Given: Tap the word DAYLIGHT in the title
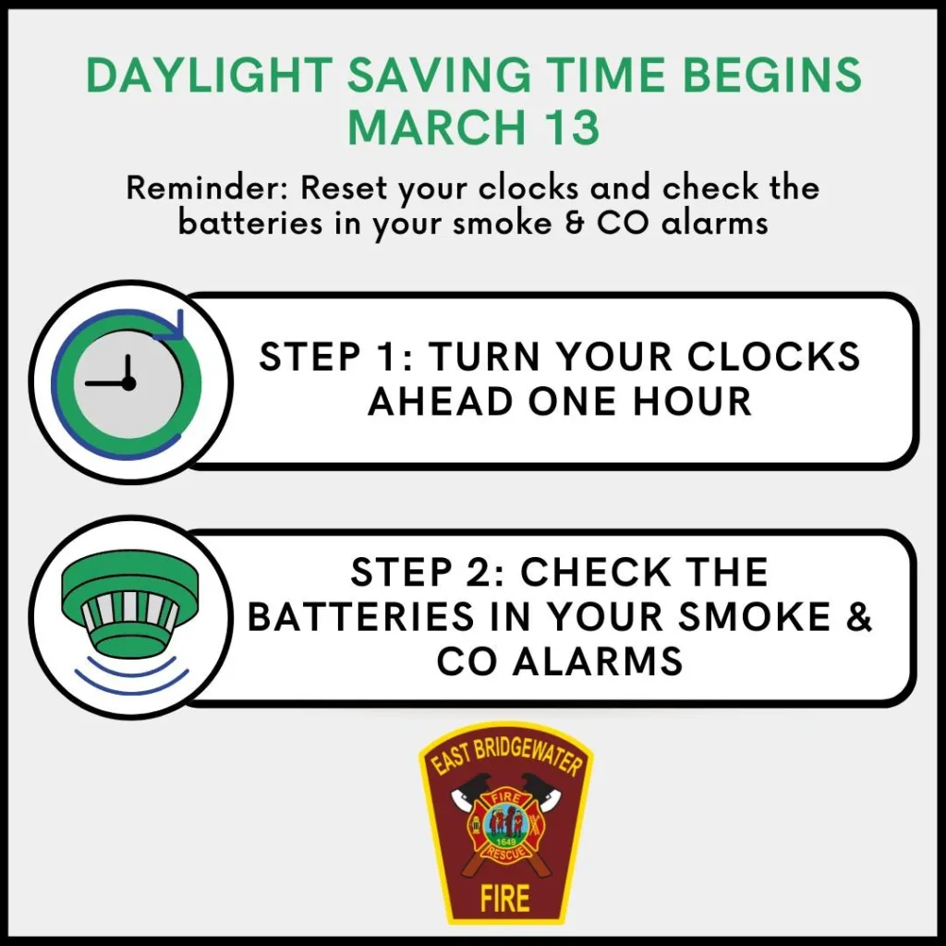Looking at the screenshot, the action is (210, 75).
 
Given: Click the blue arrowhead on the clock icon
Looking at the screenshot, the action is (171, 326).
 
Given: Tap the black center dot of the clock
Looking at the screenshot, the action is (127, 383).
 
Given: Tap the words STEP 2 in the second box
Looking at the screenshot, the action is (426, 572).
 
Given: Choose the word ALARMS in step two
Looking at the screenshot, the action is (600, 661).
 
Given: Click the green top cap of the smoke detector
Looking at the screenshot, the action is (129, 577).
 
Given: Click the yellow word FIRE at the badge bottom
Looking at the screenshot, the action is (505, 898).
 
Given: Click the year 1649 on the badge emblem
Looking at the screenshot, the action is (504, 842).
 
